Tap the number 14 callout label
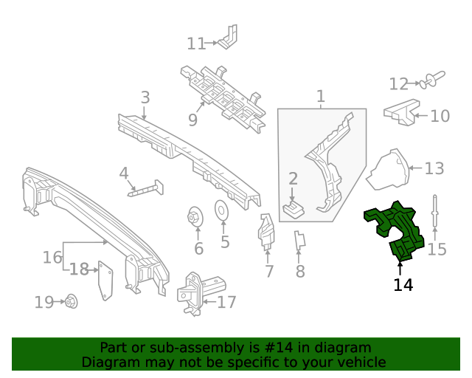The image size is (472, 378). [x=403, y=285]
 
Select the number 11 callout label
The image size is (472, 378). [x=195, y=44]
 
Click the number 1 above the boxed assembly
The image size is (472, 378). [x=320, y=96]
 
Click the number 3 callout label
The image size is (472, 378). [x=145, y=97]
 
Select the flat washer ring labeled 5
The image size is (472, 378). [x=221, y=210]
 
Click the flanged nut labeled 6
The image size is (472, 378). [x=196, y=217]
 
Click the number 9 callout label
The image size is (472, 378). [x=192, y=119]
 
